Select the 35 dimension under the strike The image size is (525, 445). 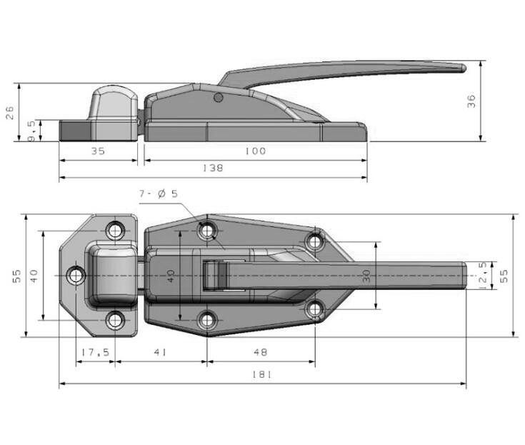(x=98, y=151)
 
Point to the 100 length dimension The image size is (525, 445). (x=255, y=151)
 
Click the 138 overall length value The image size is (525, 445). (x=213, y=169)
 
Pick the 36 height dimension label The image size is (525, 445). (x=471, y=101)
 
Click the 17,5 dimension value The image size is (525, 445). (x=95, y=352)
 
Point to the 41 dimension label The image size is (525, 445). (x=160, y=352)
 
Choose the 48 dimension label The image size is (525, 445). (x=260, y=352)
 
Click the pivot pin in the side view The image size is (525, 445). (x=219, y=97)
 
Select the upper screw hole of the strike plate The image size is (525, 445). (x=115, y=231)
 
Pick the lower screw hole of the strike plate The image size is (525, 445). (x=115, y=320)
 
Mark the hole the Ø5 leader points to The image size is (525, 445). (x=208, y=231)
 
